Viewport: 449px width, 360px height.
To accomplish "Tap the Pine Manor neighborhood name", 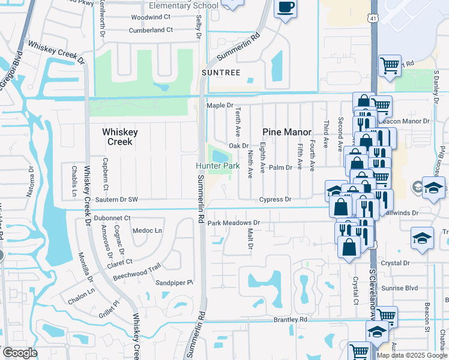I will tap(287, 132).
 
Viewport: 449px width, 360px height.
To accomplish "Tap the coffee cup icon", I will tap(285, 7).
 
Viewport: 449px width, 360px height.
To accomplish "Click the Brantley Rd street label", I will tap(291, 320).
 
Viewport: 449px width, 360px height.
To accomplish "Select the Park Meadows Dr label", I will tap(234, 223).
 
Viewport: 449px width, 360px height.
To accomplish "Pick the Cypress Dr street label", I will tap(275, 199).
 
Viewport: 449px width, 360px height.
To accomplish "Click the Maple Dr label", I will tap(220, 105).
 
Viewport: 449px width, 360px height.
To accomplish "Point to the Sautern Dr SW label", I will tap(116, 199).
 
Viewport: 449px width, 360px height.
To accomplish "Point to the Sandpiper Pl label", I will tap(174, 283).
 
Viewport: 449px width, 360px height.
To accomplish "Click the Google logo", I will tap(20, 353).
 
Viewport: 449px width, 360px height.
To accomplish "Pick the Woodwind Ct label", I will tap(151, 17).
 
